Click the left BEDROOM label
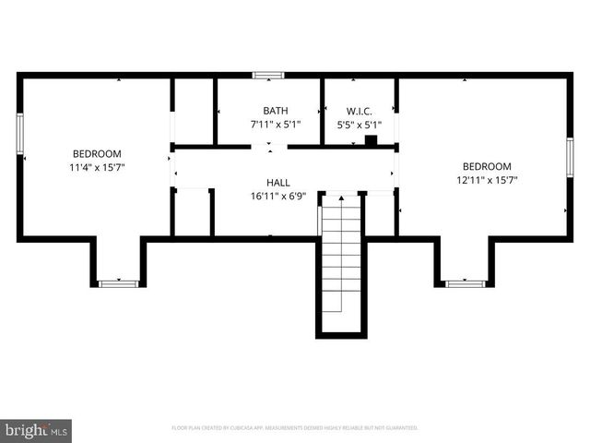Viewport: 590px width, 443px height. click(97, 153)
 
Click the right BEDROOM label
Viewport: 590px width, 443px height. click(486, 166)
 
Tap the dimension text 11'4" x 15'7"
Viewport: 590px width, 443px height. click(97, 168)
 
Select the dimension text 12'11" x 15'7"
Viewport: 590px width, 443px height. click(486, 181)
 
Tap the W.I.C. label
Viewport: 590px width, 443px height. click(359, 110)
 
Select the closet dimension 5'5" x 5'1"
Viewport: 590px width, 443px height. click(359, 124)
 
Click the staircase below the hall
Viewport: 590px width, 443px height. click(342, 268)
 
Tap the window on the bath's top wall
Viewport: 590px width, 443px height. click(268, 75)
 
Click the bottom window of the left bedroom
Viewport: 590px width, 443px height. click(118, 283)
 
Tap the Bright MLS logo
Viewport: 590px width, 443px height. click(37, 430)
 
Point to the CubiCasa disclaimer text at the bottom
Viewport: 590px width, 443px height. click(295, 428)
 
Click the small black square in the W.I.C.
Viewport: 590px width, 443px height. click(371, 141)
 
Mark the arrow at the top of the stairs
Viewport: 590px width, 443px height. click(342, 198)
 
